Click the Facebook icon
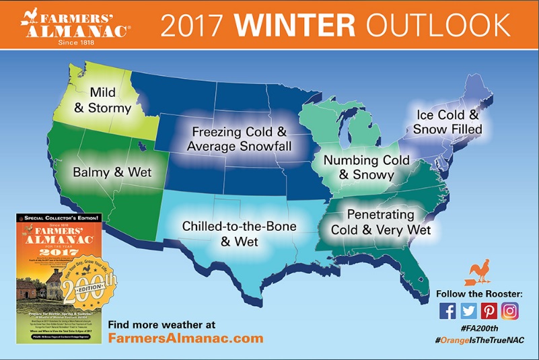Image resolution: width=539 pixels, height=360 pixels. point(447,310)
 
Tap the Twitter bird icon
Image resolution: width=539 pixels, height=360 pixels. point(468,310)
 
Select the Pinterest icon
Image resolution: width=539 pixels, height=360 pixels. point(489,310)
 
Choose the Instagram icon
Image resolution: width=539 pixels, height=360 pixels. point(511,310)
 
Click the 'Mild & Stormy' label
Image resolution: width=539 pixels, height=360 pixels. point(103,100)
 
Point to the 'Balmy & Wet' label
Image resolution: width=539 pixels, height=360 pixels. point(112,172)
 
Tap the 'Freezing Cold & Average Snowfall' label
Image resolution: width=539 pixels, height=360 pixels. point(239,139)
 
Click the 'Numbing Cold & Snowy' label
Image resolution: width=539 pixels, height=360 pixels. point(358,167)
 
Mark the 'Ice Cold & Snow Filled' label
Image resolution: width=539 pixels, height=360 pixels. point(447,121)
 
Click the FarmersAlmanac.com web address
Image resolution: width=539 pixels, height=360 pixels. point(185,338)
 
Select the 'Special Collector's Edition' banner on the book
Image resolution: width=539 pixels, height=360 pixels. point(59,218)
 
